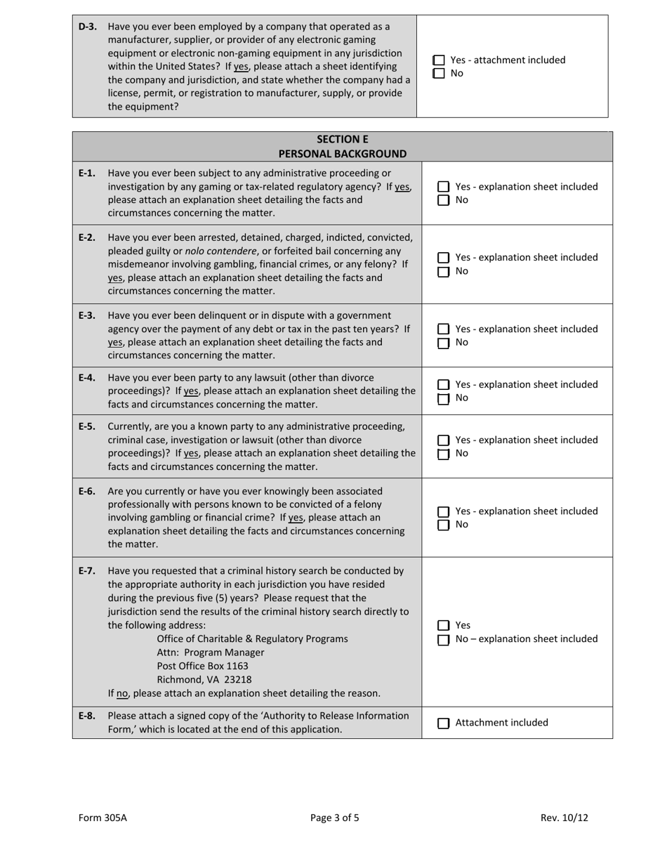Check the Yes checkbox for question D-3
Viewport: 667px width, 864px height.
[x=439, y=60]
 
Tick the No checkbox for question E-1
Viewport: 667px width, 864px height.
[x=444, y=200]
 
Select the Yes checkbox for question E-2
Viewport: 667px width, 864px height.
[x=444, y=258]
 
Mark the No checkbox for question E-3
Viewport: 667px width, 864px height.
[x=444, y=343]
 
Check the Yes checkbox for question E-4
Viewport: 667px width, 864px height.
[x=444, y=385]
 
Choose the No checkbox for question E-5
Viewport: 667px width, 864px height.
[x=444, y=454]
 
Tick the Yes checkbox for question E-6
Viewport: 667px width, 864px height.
[x=444, y=511]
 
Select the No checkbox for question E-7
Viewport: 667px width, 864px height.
[x=444, y=640]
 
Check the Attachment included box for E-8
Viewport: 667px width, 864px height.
[x=444, y=723]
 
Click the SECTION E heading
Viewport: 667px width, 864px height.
[x=342, y=139]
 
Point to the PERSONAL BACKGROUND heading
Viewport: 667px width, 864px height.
[x=342, y=153]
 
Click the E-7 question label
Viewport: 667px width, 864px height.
[x=87, y=570]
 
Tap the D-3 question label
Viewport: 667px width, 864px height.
[x=87, y=27]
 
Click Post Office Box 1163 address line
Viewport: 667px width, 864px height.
[x=202, y=666]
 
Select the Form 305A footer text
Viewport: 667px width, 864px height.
[x=103, y=818]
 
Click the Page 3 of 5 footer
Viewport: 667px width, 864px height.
[x=335, y=818]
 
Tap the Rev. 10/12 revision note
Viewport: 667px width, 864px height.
[x=564, y=818]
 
